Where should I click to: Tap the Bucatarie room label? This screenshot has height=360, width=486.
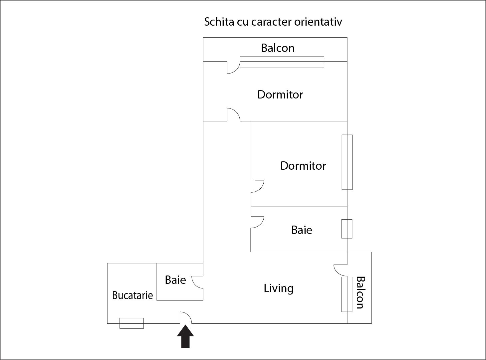[x=132, y=295]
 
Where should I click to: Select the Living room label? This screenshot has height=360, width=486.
[x=279, y=288]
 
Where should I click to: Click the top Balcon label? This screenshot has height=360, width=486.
[x=278, y=48]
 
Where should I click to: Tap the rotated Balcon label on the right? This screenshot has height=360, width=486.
[x=360, y=292]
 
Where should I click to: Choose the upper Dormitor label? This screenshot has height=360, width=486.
[x=280, y=94]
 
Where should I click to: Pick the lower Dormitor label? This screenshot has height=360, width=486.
[x=303, y=166]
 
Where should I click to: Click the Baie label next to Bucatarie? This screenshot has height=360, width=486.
[x=175, y=280]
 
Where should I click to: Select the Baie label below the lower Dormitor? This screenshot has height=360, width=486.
[x=302, y=230]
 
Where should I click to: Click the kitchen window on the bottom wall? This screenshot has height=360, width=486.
[x=131, y=323]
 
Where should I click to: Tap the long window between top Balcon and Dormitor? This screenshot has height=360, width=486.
[x=282, y=62]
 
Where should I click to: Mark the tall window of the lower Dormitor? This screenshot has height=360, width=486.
[x=347, y=162]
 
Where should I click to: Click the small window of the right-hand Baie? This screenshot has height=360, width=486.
[x=347, y=229]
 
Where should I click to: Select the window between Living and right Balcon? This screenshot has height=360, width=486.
[x=347, y=294]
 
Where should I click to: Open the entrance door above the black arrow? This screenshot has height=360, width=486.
[x=185, y=318]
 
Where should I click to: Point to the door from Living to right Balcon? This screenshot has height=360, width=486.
[x=341, y=270]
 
